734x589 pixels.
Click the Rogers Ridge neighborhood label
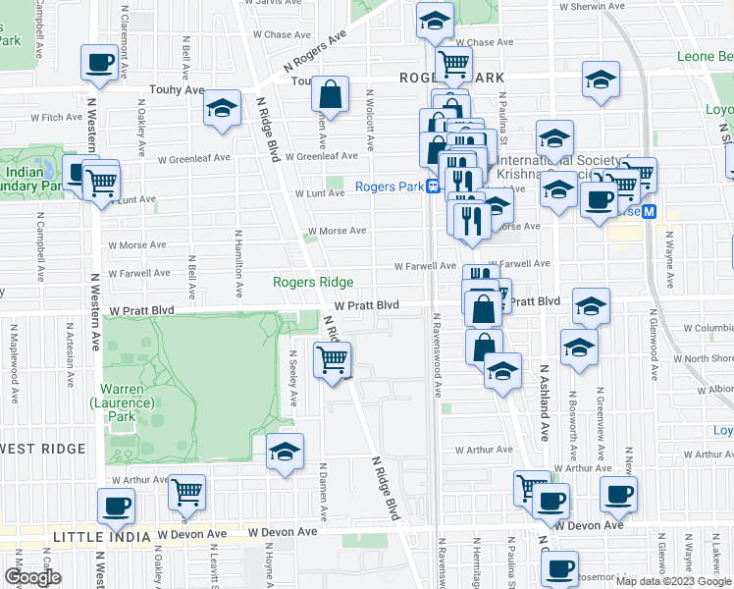[x=312, y=283]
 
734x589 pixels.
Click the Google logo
[x=32, y=577]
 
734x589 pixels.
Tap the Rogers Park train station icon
[x=433, y=187]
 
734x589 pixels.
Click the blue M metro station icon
[x=649, y=212]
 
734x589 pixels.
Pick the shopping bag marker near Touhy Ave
[x=331, y=95]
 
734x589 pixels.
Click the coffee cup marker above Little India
[x=116, y=507]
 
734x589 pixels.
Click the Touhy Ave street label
[x=177, y=90]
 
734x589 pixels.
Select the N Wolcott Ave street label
[x=370, y=121]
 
